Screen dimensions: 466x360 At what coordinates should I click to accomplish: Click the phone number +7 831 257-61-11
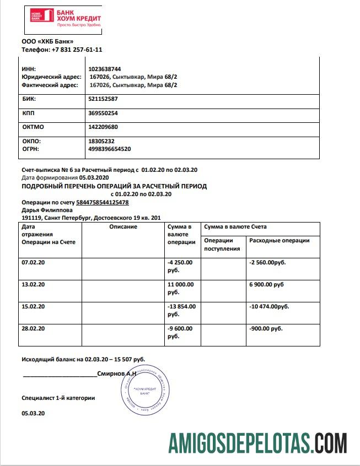coord(77,49)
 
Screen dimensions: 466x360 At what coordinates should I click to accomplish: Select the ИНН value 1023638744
coord(104,69)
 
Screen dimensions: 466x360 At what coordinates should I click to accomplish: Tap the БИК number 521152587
coord(103,99)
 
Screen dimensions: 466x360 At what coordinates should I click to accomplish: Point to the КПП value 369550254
coord(103,113)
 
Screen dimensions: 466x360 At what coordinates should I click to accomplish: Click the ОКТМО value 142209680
coord(103,127)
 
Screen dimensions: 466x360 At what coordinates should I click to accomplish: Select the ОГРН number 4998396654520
coord(109,149)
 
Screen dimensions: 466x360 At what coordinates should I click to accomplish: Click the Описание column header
coord(123,227)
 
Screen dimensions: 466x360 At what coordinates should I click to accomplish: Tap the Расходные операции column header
coord(280,240)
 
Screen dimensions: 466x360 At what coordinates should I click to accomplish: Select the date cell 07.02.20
coord(33,262)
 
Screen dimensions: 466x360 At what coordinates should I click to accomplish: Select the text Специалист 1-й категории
coord(58,397)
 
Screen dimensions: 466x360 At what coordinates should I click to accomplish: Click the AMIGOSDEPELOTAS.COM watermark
coord(257,443)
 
